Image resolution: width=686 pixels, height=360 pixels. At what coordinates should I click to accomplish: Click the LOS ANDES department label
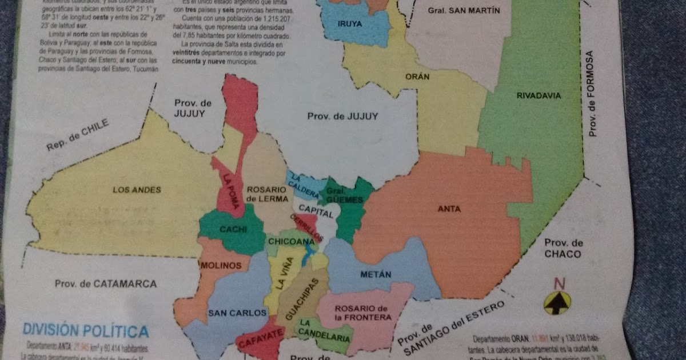tap(137, 190)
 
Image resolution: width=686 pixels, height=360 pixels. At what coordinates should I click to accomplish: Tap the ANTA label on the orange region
tap(449, 209)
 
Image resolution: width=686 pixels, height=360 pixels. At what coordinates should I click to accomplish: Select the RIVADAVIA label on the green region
tap(539, 95)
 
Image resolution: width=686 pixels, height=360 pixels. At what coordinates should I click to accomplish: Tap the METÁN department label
tap(376, 274)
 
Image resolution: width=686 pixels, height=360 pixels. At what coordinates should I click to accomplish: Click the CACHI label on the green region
tap(233, 230)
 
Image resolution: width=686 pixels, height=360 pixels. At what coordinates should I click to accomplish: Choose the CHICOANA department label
tap(291, 242)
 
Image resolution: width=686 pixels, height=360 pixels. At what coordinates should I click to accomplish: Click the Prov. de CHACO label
tap(563, 248)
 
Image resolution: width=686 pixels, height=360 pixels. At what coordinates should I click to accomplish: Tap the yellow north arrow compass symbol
tap(557, 303)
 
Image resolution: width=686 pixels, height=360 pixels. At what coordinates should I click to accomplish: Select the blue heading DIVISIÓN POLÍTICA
tap(85, 331)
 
